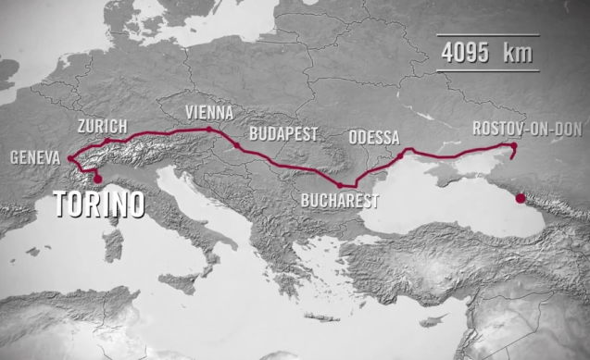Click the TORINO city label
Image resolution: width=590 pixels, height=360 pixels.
(x=99, y=204)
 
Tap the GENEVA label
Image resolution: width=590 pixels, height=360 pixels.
(x=36, y=157)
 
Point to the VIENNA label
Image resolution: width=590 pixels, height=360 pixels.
(x=208, y=111)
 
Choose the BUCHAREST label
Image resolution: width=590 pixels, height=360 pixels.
(x=340, y=199)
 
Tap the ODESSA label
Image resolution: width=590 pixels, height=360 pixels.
(x=374, y=138)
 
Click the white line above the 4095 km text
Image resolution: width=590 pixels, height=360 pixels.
(x=485, y=36)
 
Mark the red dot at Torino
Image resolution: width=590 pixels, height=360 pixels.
(x=98, y=177)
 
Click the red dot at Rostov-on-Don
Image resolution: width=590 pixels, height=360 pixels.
(x=513, y=146)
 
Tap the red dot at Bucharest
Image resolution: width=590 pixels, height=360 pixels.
(x=339, y=185)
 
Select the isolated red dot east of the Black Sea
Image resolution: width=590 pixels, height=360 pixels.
(x=520, y=197)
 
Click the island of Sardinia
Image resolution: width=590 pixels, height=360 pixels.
(x=113, y=244)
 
